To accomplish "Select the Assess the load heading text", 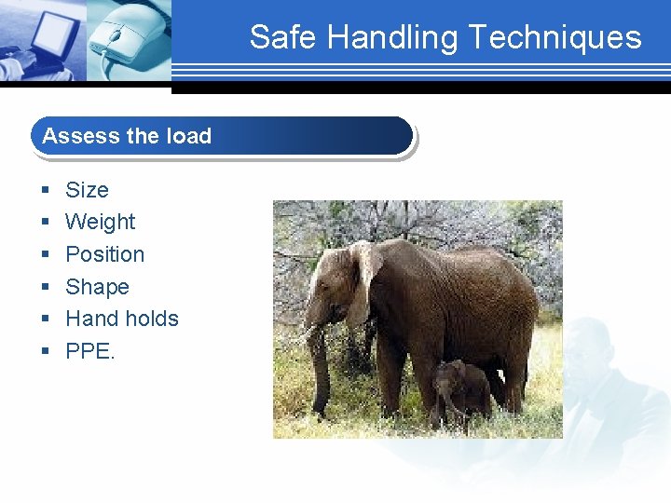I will [127, 136].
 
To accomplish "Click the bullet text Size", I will [87, 190].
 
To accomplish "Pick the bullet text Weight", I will [100, 222].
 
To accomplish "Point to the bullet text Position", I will [104, 254].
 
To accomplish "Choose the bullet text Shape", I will [97, 287].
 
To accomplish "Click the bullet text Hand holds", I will [121, 319].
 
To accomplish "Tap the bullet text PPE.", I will [89, 351].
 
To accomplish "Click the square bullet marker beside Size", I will [46, 191].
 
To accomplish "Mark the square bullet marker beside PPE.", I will [46, 352].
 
